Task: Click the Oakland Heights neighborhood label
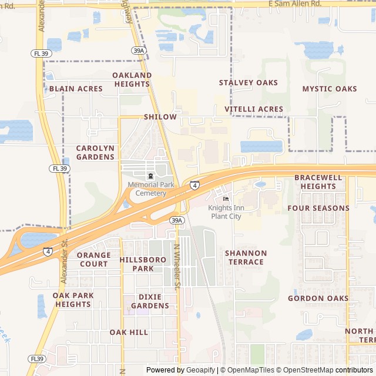point(132,79)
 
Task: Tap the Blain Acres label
point(76,89)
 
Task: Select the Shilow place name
point(160,117)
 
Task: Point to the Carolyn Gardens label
point(95,152)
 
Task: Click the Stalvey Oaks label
point(248,83)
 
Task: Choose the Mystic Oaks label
point(329,89)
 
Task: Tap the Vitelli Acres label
point(254,109)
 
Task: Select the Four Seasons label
point(318,208)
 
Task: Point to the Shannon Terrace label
point(246,257)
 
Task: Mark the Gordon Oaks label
point(318,298)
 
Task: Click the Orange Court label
point(93,259)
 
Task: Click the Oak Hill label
point(129,333)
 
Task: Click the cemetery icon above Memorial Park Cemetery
point(150,176)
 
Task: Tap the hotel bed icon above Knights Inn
point(226,199)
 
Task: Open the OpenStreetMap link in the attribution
point(305,370)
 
